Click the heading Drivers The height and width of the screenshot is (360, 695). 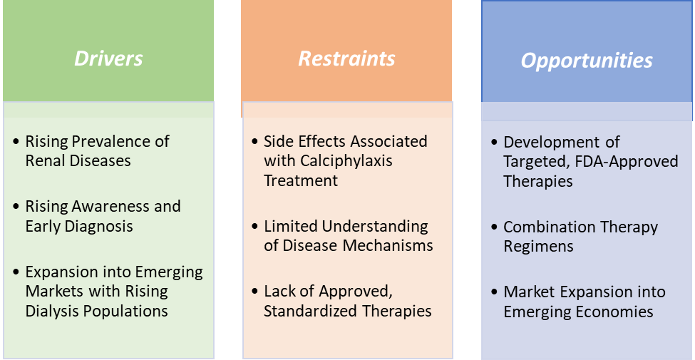(108, 58)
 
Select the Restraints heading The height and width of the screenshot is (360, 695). (346, 58)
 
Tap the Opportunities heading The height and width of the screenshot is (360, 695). (587, 60)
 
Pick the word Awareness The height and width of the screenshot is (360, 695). (109, 207)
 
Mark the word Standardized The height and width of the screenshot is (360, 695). (312, 311)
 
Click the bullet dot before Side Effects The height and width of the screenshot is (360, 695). (255, 142)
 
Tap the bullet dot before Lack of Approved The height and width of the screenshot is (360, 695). (255, 292)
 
